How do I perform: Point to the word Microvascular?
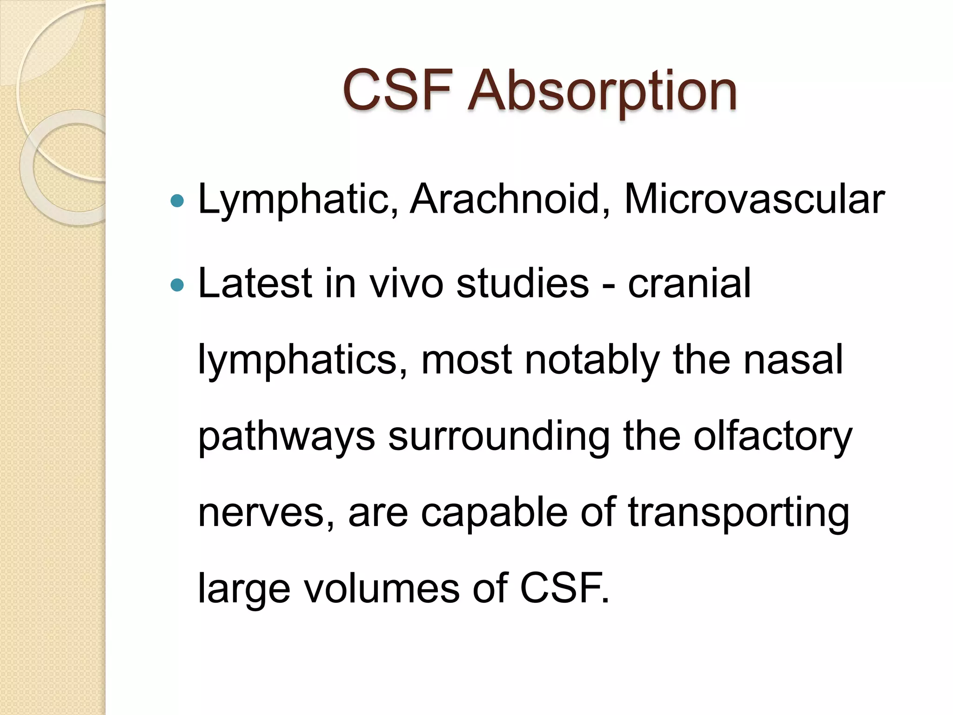(x=754, y=199)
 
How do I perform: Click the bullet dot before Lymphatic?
(x=177, y=201)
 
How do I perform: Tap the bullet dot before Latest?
(x=177, y=284)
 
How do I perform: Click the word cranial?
(x=689, y=283)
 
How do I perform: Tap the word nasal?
(x=793, y=359)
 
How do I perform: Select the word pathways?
(x=287, y=438)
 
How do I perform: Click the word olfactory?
(x=772, y=438)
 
